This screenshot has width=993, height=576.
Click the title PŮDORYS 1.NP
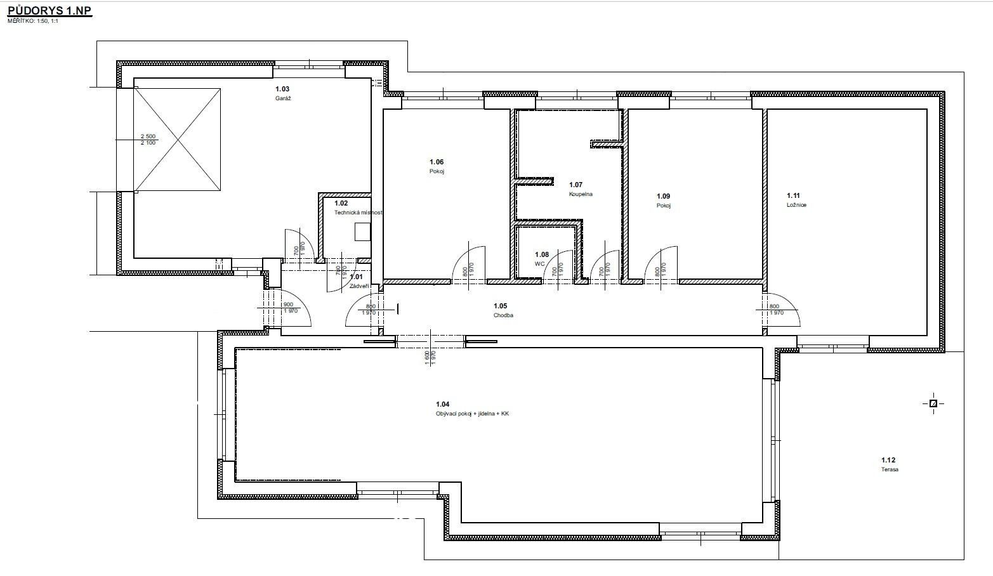click(x=49, y=11)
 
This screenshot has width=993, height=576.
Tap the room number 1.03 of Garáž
click(x=282, y=89)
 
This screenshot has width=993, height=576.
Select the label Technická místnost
click(x=358, y=213)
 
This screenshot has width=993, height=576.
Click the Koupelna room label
click(x=581, y=194)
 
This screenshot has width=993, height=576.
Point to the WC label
click(x=540, y=263)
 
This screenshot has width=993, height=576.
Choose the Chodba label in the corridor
click(x=503, y=315)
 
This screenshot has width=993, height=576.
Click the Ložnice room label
click(x=796, y=206)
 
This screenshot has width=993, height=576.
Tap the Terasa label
click(x=890, y=470)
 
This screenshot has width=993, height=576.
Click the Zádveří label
click(x=359, y=286)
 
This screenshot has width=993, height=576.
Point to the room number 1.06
click(x=437, y=162)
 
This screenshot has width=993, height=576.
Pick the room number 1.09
click(x=663, y=197)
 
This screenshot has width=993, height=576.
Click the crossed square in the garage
click(x=177, y=140)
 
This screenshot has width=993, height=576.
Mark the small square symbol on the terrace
click(x=933, y=403)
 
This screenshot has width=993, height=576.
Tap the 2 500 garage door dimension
click(x=148, y=136)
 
